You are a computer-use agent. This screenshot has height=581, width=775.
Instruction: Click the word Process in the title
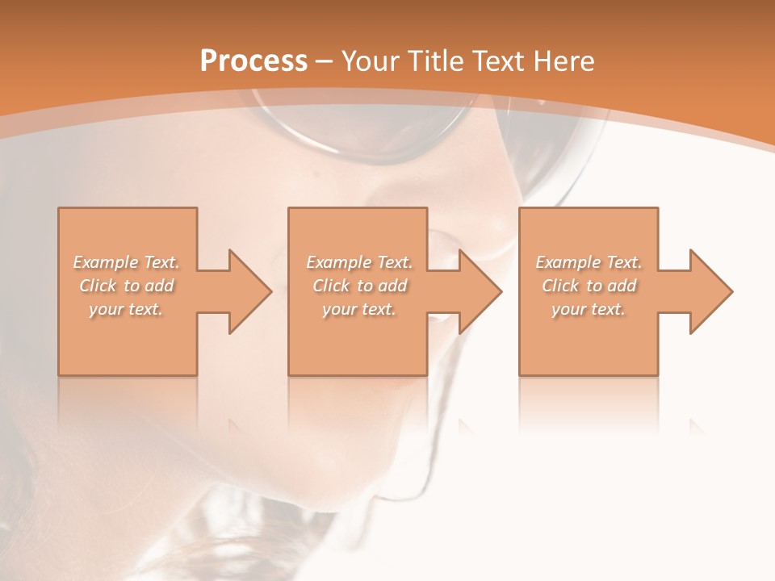coord(253,61)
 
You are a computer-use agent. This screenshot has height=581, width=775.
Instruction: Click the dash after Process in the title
coord(325,61)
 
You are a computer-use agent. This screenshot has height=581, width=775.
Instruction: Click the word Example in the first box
coord(106,262)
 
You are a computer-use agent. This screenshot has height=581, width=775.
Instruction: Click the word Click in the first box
coord(97,286)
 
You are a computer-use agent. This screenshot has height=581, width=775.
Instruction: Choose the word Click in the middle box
coord(330,286)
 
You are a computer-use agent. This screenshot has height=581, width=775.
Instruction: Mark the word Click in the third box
coord(559,286)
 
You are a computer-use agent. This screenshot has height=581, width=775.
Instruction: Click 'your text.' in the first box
coord(126,309)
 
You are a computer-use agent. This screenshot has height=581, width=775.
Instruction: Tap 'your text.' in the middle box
coord(358,309)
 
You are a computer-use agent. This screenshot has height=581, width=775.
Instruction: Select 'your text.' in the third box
coord(588,309)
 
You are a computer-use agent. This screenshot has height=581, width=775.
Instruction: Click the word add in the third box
coord(622,286)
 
